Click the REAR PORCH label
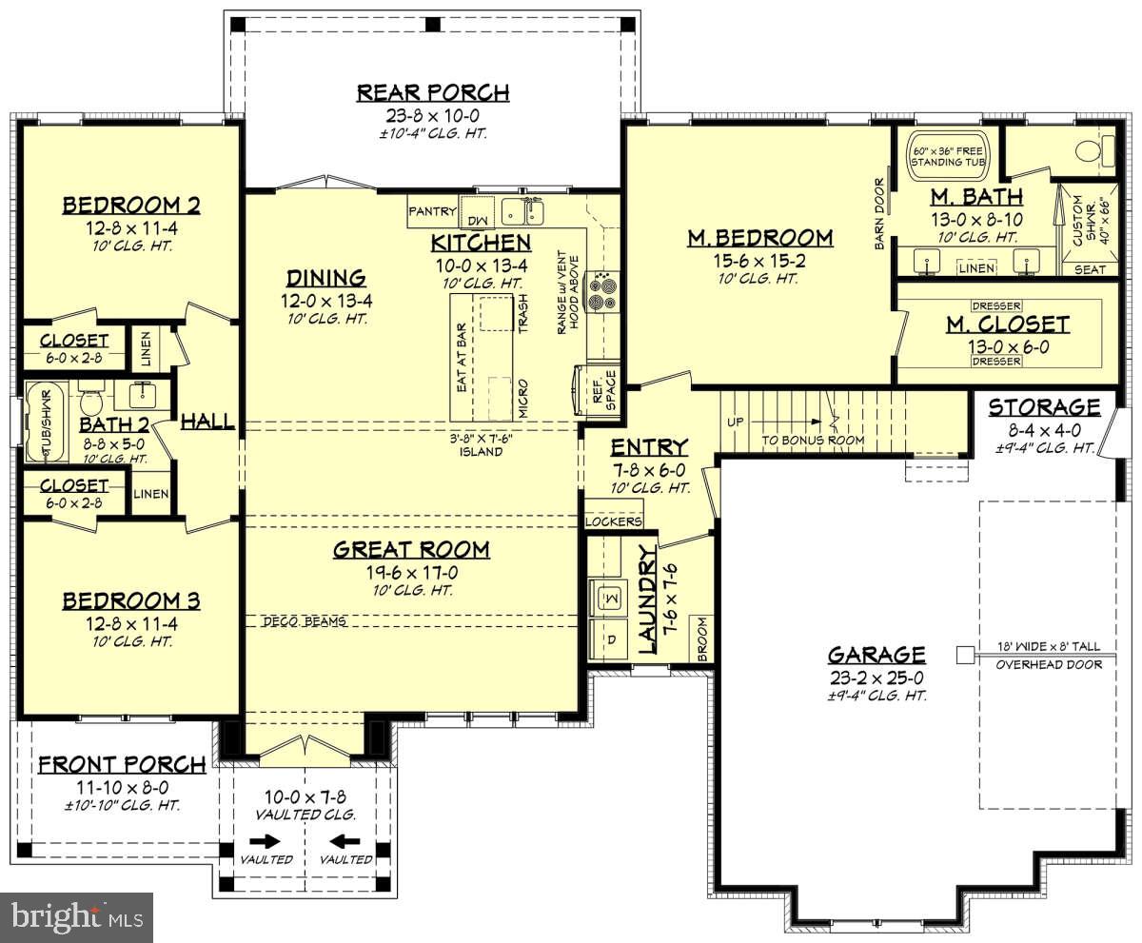(433, 92)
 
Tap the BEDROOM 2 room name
(131, 206)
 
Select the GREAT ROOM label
(411, 549)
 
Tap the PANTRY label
(432, 211)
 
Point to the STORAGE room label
(1044, 408)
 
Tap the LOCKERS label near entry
(614, 521)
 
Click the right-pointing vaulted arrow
(266, 841)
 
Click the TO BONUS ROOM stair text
(813, 440)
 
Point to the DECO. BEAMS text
(305, 621)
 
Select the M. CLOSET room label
(1007, 324)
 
